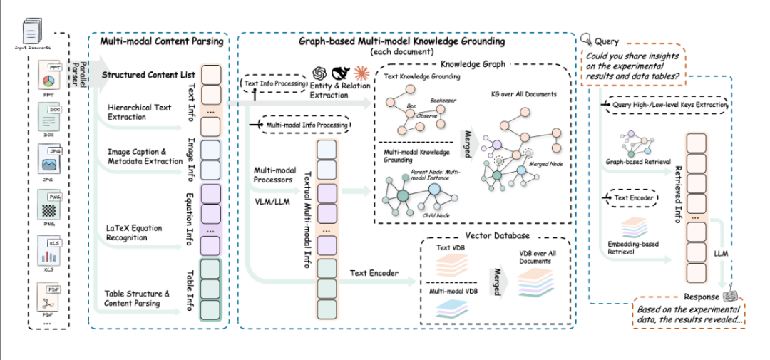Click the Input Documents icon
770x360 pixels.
point(33,32)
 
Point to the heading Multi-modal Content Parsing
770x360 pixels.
point(160,41)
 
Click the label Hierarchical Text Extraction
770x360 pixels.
point(139,112)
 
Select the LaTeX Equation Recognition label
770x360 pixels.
point(135,233)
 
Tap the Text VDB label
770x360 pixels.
point(449,247)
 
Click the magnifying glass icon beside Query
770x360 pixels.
point(587,40)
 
